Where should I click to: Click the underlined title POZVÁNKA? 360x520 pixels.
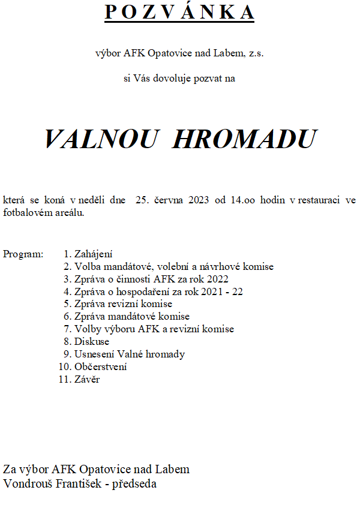(x=179, y=12)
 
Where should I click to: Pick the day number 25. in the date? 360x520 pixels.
(x=142, y=200)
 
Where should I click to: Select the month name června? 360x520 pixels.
(x=169, y=200)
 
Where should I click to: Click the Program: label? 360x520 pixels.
(x=23, y=254)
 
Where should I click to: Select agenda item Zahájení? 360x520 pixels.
(x=94, y=254)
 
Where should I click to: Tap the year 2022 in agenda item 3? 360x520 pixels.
(x=217, y=279)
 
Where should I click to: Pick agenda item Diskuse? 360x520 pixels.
(x=92, y=341)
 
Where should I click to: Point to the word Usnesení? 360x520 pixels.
(x=94, y=354)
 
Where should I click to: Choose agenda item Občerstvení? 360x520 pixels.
(x=100, y=366)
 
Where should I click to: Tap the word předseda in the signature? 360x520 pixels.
(x=134, y=483)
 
